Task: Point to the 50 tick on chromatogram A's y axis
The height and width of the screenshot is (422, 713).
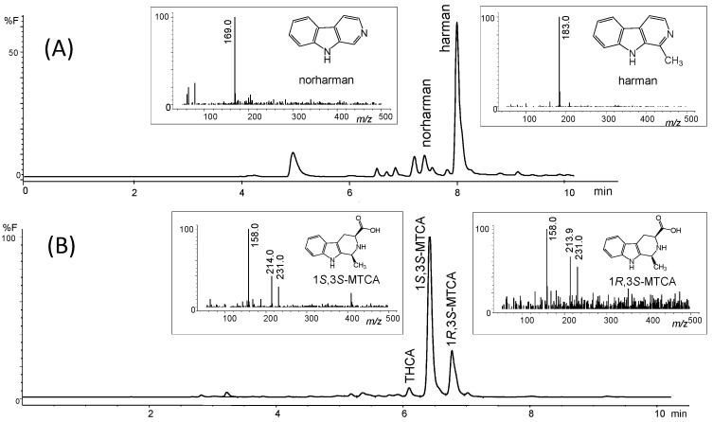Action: pos(14,53)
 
